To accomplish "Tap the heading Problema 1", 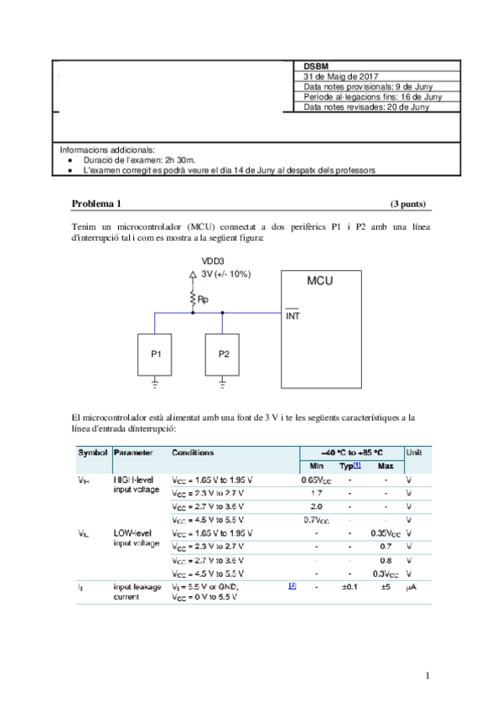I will tap(96, 204).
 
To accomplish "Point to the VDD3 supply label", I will tap(212, 262).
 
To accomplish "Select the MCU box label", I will tap(319, 281).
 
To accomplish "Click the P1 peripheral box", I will tap(155, 354).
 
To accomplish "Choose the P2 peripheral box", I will tap(223, 354).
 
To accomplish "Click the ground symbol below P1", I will tap(155, 384).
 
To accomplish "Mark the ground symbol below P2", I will tap(223, 384).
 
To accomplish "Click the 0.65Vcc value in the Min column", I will tap(317, 480).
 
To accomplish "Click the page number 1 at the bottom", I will tap(427, 676).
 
